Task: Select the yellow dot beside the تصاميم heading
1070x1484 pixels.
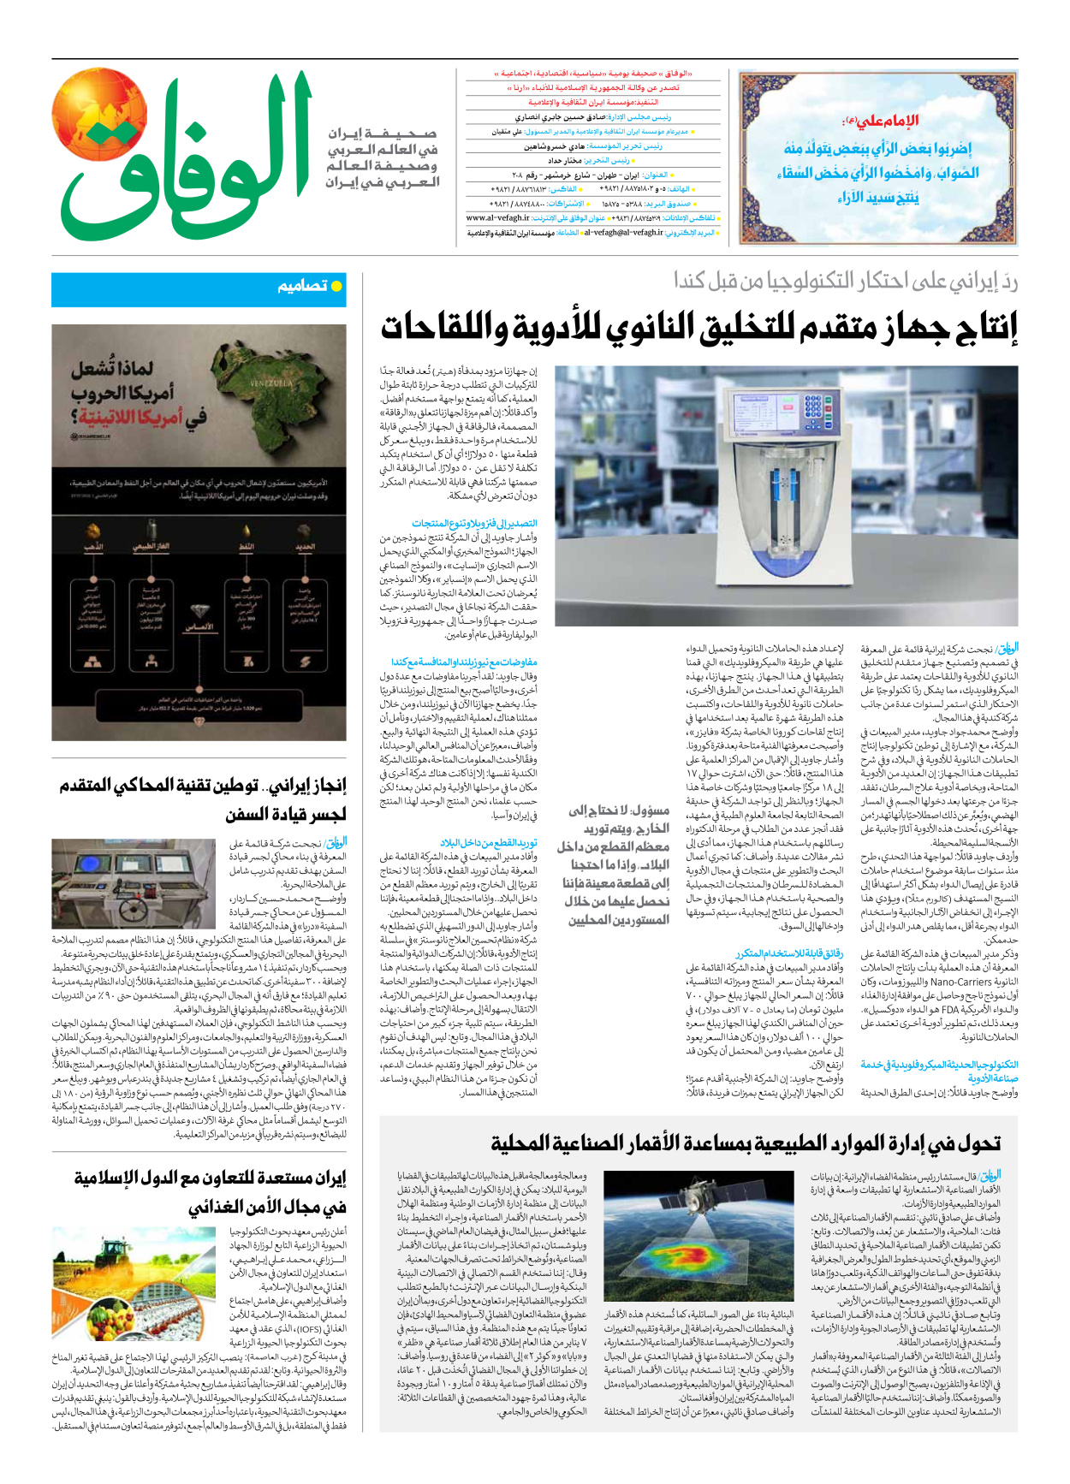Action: (336, 286)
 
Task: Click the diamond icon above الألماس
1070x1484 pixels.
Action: (199, 612)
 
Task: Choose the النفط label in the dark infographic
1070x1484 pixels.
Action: (247, 546)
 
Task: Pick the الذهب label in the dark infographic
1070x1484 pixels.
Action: (93, 546)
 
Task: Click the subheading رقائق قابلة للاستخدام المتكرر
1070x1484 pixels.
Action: (789, 953)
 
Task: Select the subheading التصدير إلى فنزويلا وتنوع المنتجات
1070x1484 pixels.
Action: (474, 523)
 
